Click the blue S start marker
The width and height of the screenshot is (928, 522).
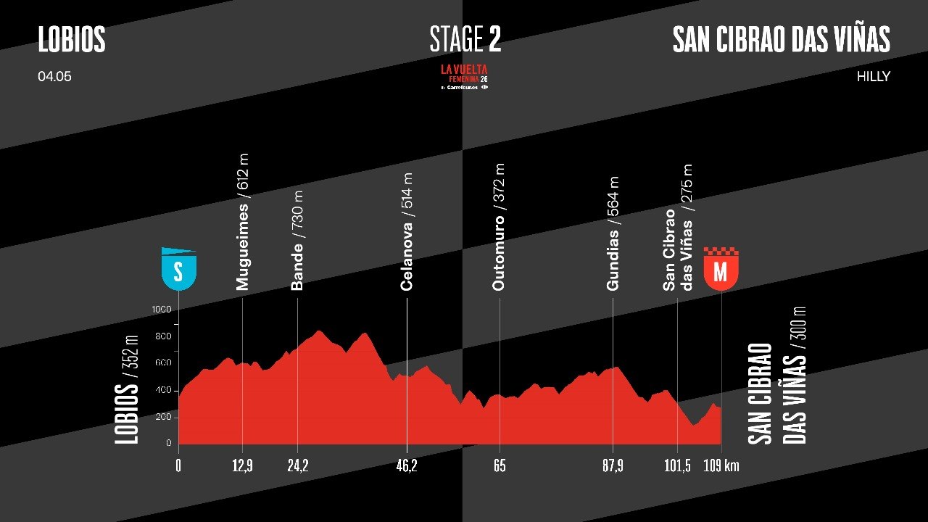pos(178,270)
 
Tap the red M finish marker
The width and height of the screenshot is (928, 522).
pos(721,270)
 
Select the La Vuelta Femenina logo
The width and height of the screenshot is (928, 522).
pos(465,76)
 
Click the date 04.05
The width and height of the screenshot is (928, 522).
pos(54,76)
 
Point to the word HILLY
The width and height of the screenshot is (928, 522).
pos(873,76)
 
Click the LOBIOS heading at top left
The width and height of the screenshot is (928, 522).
pos(72,40)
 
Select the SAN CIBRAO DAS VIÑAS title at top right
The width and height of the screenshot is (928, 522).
pos(781,40)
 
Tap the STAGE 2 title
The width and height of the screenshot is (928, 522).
pos(465,40)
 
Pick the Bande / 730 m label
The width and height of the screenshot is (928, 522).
pos(297,240)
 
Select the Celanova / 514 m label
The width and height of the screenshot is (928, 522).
pos(407,232)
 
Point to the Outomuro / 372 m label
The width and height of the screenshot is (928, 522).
pos(498,227)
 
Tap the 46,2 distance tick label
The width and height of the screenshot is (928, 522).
pos(407,465)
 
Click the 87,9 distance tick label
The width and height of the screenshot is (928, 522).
pos(613,465)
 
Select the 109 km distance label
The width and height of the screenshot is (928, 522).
pos(721,465)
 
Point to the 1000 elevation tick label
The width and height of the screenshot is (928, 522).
pos(161,310)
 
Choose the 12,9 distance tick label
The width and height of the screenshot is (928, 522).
pos(241,465)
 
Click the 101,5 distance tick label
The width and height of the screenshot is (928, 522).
pos(677,465)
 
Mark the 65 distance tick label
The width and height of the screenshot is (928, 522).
pos(500,465)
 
